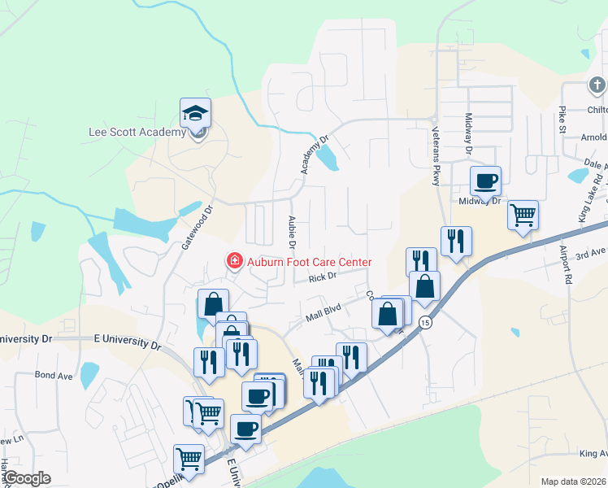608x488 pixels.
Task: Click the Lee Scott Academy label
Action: point(137,133)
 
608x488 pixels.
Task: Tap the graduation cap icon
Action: point(195,113)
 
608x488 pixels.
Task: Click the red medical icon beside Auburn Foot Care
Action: point(234,261)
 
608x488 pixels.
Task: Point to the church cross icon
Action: point(597,85)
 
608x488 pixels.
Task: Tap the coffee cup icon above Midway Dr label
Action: point(485,181)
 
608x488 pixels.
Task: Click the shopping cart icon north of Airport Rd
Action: point(523,216)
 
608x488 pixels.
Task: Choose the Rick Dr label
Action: point(322,277)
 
